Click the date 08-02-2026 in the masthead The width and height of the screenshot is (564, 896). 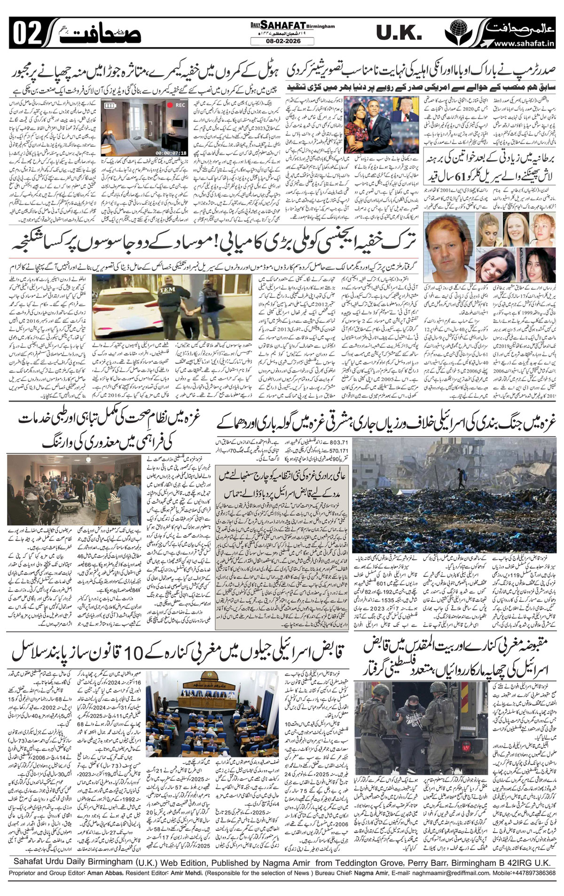282,41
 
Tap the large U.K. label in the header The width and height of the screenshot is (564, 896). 399,32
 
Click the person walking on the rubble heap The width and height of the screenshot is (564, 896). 451,475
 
